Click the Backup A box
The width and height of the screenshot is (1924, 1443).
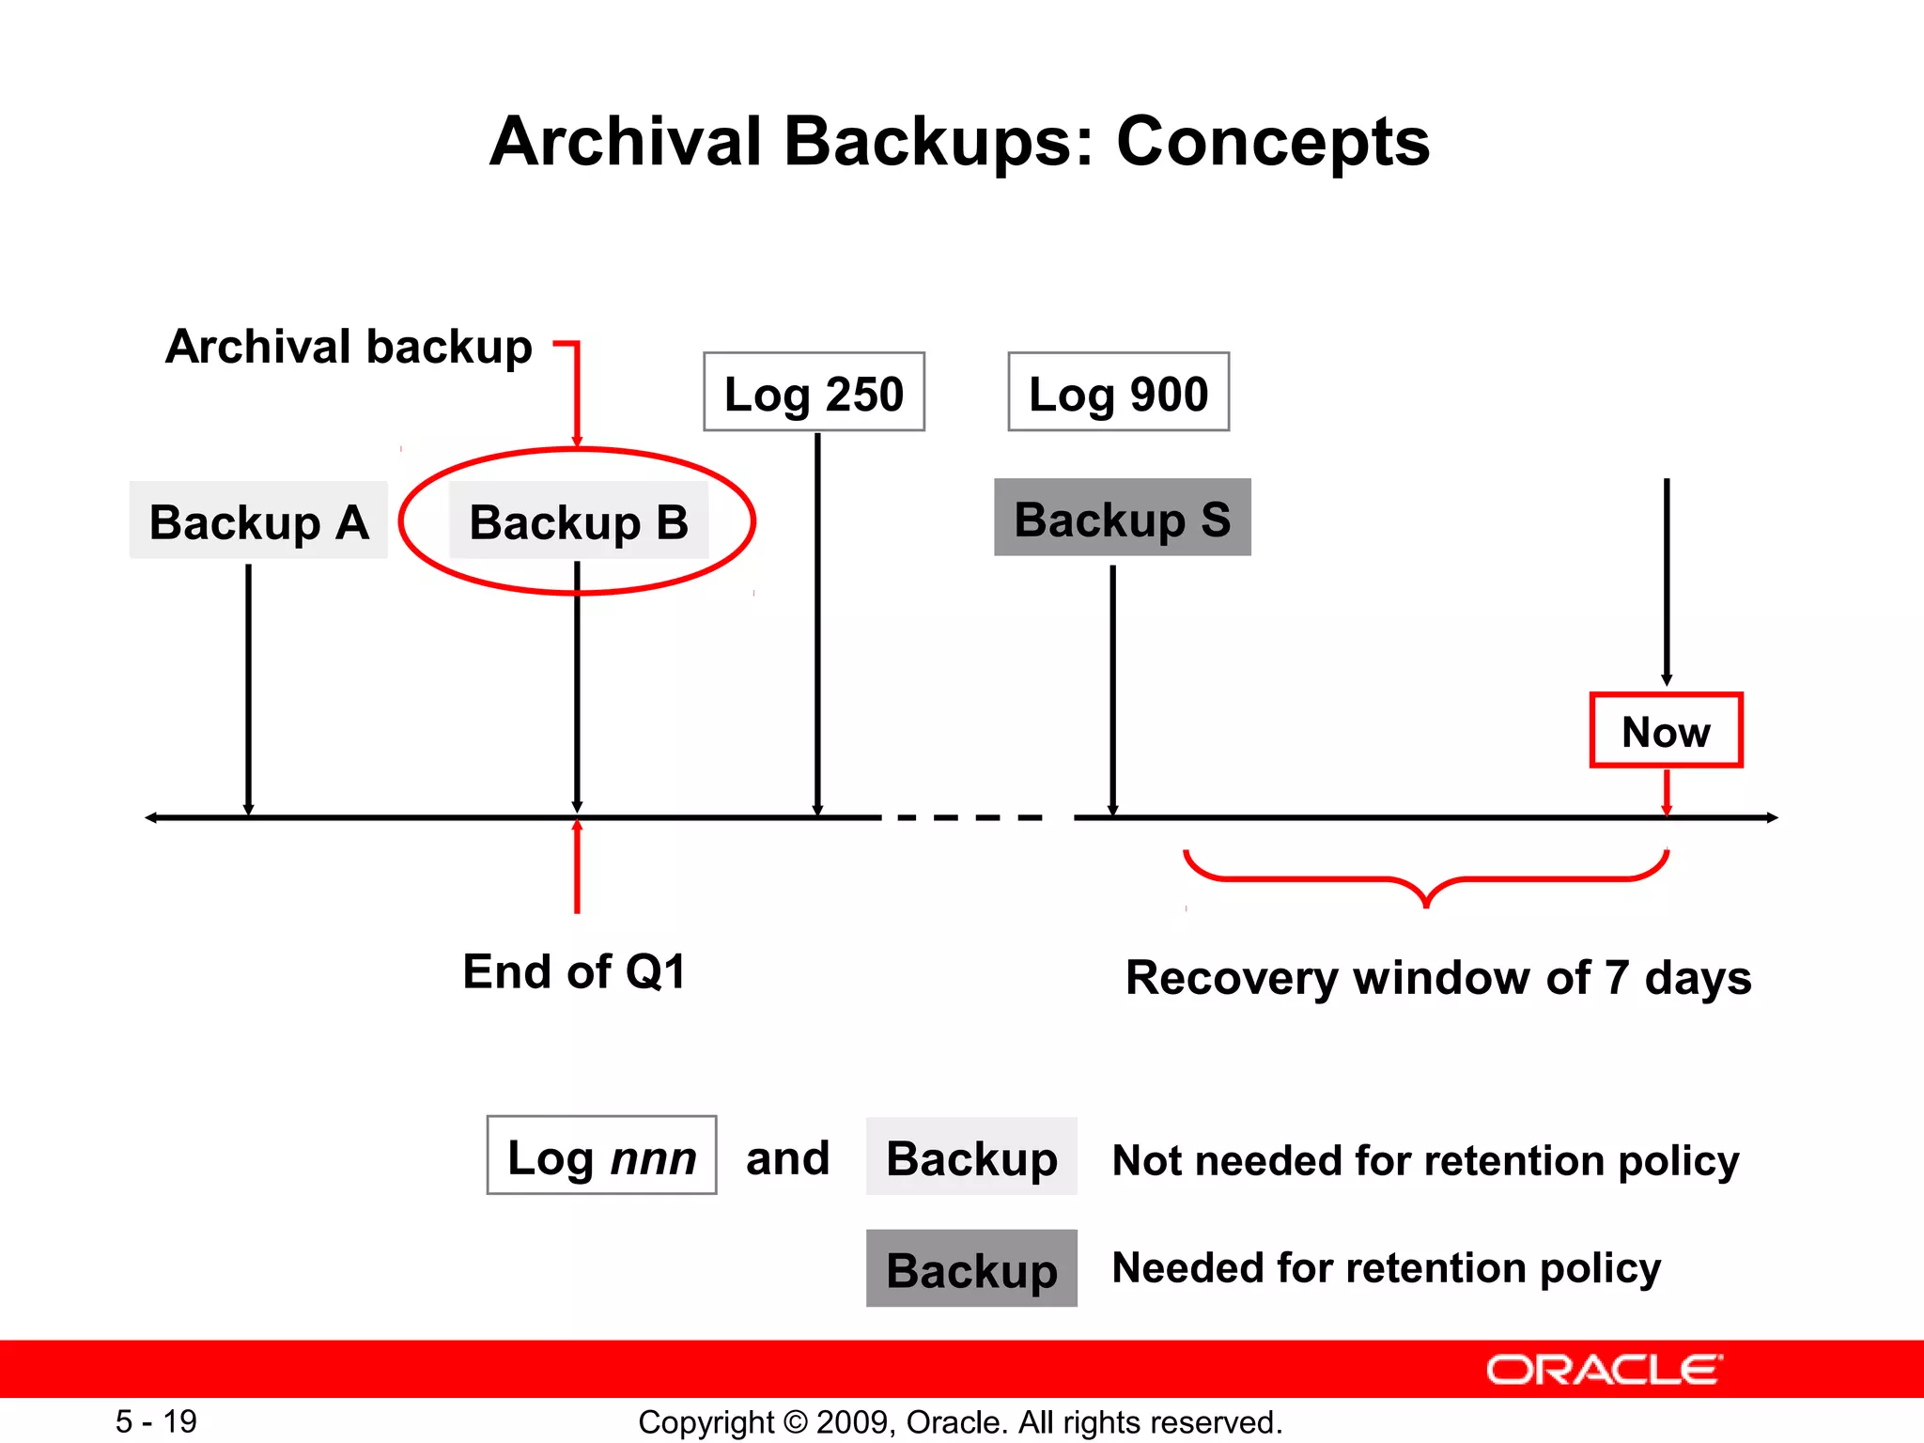pos(258,520)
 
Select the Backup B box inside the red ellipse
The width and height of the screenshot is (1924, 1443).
pos(579,520)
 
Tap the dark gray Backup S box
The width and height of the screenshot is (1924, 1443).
pos(1123,518)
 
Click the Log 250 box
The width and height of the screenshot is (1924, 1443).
pos(814,392)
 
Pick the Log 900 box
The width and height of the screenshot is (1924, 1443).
pos(1118,392)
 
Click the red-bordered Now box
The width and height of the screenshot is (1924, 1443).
pos(1666,731)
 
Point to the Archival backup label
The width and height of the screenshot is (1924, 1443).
pos(349,347)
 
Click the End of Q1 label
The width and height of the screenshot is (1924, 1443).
pos(575,971)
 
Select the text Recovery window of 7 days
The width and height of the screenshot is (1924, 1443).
pos(1438,977)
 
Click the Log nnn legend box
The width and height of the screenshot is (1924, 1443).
pos(601,1156)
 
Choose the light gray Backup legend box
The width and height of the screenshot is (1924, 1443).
pos(971,1156)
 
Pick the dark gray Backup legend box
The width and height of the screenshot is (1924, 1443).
pos(971,1268)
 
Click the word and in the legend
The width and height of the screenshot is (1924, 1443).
pos(787,1157)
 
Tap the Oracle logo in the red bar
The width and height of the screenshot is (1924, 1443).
pos(1605,1370)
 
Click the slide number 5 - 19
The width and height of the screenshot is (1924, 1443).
pos(156,1421)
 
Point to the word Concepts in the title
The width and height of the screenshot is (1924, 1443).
pos(1272,142)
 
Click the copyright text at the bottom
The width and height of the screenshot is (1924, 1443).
pos(960,1422)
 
